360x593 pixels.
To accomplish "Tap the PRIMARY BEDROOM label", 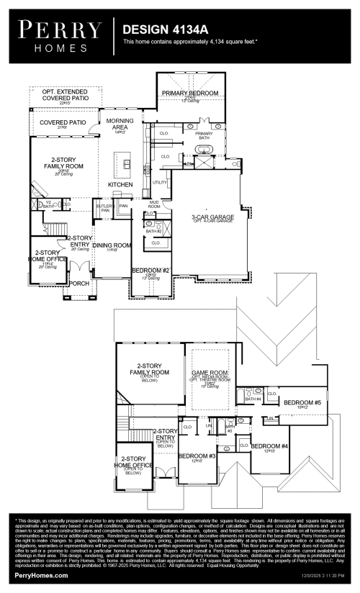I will point(190,94).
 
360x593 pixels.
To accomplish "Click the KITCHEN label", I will point(120,185).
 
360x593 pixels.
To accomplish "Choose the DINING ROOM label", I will point(112,245).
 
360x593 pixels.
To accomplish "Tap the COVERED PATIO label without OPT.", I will point(63,123).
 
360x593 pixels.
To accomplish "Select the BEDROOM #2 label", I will point(150,271).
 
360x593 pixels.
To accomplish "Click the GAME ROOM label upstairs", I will point(209,374).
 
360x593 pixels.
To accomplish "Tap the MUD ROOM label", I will point(153,205).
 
